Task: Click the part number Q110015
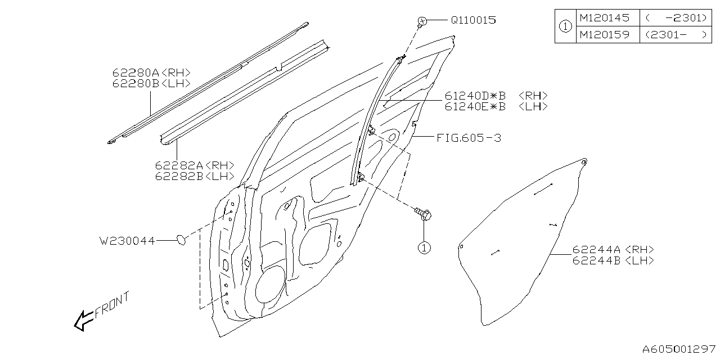tap(473, 20)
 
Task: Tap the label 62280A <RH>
tap(151, 73)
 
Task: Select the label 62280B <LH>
tap(151, 83)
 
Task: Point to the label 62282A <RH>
tap(195, 166)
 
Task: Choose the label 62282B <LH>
tap(195, 176)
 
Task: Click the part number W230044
tap(127, 240)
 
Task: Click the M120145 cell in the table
tap(605, 18)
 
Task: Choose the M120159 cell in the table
tap(605, 35)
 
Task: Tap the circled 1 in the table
tap(565, 26)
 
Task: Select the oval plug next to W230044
tap(182, 240)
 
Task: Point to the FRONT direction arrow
tap(84, 320)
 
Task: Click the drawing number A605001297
tap(679, 350)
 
